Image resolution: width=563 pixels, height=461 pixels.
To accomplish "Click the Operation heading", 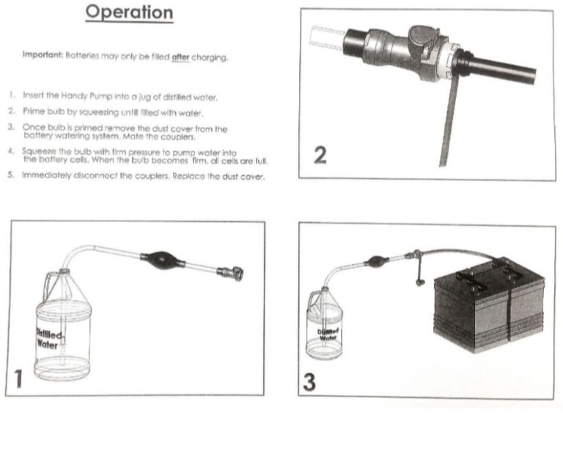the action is pyautogui.click(x=129, y=12).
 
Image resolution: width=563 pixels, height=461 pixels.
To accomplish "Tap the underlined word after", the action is pyautogui.click(x=180, y=57).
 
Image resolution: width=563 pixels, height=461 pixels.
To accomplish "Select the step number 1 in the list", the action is pyautogui.click(x=12, y=95).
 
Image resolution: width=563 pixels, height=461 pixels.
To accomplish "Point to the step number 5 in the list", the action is pyautogui.click(x=11, y=175).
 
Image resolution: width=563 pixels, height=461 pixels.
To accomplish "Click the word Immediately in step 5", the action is pyautogui.click(x=46, y=175).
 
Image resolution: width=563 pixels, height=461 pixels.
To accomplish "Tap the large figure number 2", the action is pyautogui.click(x=320, y=155).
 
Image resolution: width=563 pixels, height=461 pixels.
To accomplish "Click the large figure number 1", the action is pyautogui.click(x=18, y=379).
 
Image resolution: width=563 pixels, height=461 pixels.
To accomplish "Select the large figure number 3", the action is pyautogui.click(x=309, y=382).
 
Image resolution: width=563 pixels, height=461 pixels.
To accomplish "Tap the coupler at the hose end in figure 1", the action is pyautogui.click(x=230, y=273).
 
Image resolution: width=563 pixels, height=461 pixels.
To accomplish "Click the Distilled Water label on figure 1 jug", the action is pyautogui.click(x=49, y=338).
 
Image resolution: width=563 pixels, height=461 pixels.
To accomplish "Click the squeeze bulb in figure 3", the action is pyautogui.click(x=376, y=261).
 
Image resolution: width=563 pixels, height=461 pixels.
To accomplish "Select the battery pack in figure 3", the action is pyautogui.click(x=490, y=304).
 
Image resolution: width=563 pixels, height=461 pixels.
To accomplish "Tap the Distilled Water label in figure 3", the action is pyautogui.click(x=328, y=335).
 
